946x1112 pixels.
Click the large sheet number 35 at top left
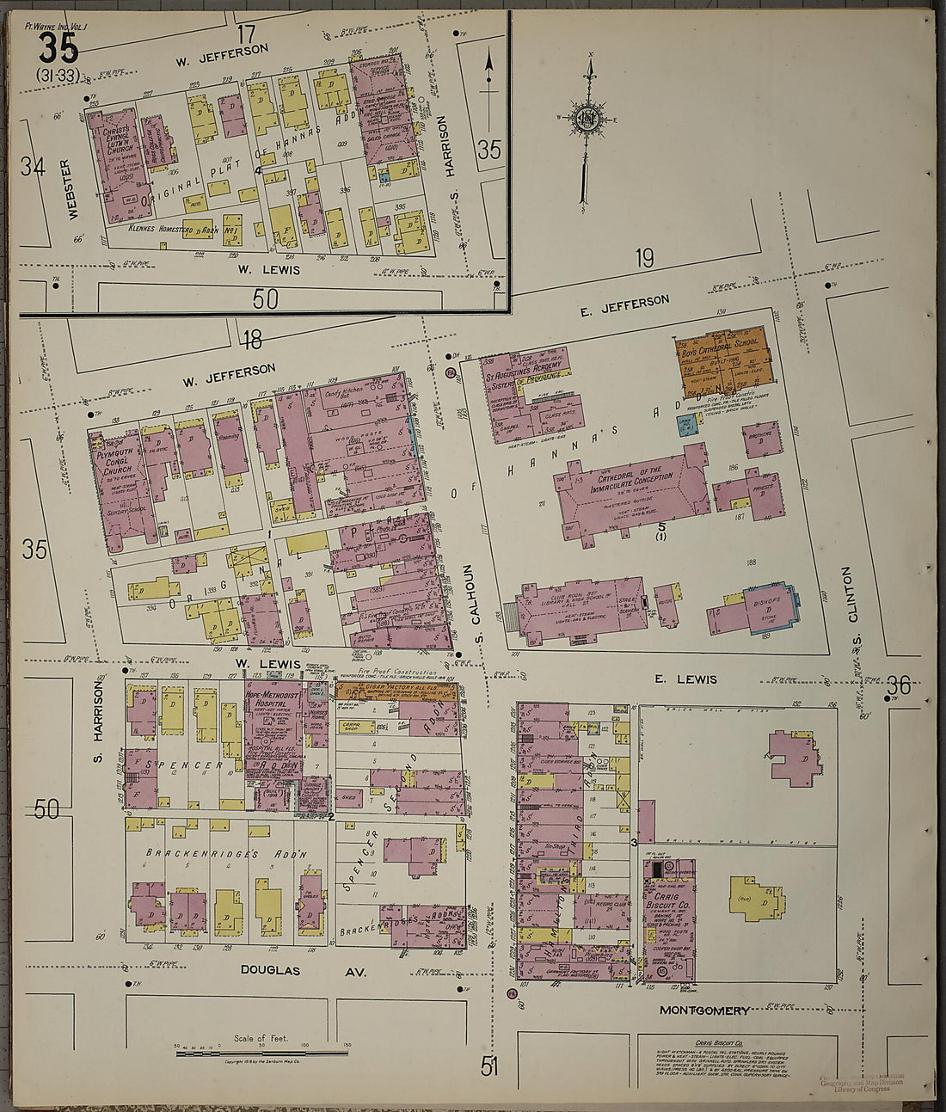(58, 46)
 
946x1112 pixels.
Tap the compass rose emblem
(587, 117)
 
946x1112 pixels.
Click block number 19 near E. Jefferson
(644, 257)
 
